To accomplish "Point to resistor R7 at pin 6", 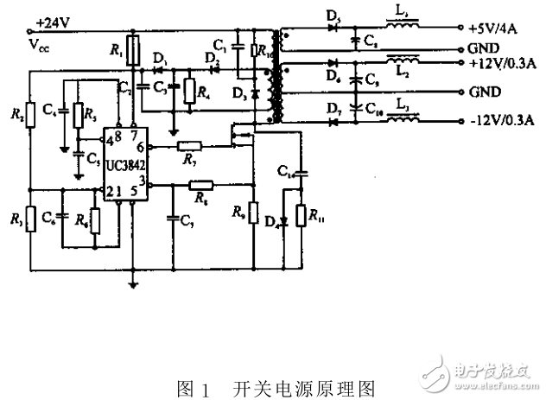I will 190,148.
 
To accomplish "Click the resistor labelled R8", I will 201,185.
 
